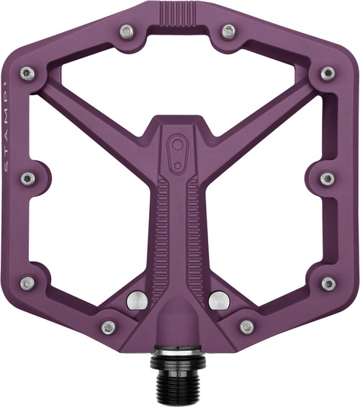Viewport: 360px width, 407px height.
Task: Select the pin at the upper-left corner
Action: pos(27,72)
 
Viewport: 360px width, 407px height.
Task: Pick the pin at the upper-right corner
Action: pos(328,72)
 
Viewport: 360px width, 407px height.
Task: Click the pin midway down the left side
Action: pos(28,178)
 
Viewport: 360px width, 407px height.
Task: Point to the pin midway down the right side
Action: pos(327,178)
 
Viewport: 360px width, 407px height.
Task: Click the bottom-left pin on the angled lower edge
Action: pos(109,327)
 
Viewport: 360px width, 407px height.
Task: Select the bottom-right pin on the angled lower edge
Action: pos(247,327)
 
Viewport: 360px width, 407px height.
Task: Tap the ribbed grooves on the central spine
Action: pos(177,231)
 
